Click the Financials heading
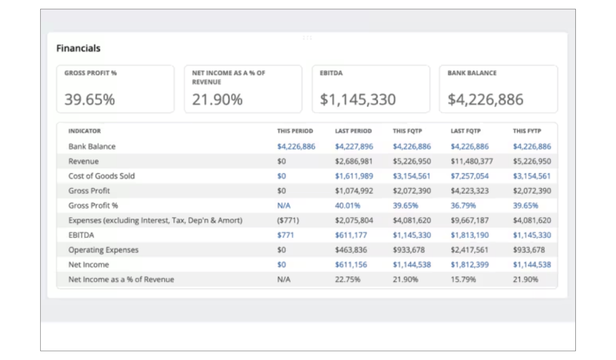(78, 48)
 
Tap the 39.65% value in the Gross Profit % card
(90, 99)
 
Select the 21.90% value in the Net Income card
(217, 99)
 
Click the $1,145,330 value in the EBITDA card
(358, 99)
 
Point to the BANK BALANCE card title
(472, 73)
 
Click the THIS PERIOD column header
(295, 131)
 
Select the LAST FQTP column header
(466, 131)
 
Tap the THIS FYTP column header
(527, 131)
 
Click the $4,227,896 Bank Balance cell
(354, 146)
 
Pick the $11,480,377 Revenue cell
(472, 161)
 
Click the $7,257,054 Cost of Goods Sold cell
(470, 176)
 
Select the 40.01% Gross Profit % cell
(348, 206)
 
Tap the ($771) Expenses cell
(288, 220)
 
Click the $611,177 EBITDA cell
(351, 235)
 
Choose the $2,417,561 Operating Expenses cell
(470, 250)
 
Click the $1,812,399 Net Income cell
(470, 265)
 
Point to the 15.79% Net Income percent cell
(463, 279)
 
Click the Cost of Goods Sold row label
(102, 176)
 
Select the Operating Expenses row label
(103, 250)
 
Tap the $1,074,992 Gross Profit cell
(354, 191)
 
